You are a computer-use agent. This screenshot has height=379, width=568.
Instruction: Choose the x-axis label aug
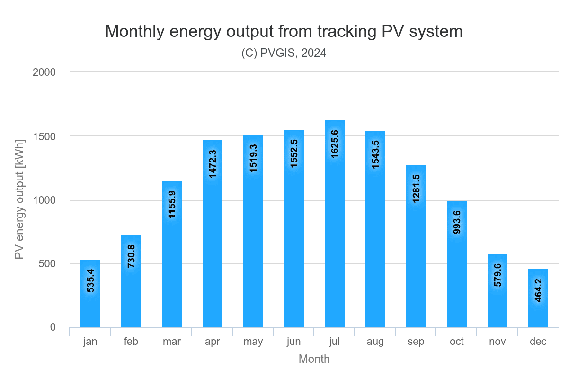(x=375, y=342)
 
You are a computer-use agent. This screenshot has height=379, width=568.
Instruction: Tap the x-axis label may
(x=253, y=342)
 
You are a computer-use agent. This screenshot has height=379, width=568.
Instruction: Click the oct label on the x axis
(x=456, y=342)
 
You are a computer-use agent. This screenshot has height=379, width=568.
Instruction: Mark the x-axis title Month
(x=314, y=359)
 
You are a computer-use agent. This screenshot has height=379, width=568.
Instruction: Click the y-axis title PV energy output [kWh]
(x=19, y=199)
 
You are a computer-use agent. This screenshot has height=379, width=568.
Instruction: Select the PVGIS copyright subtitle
(x=284, y=53)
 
